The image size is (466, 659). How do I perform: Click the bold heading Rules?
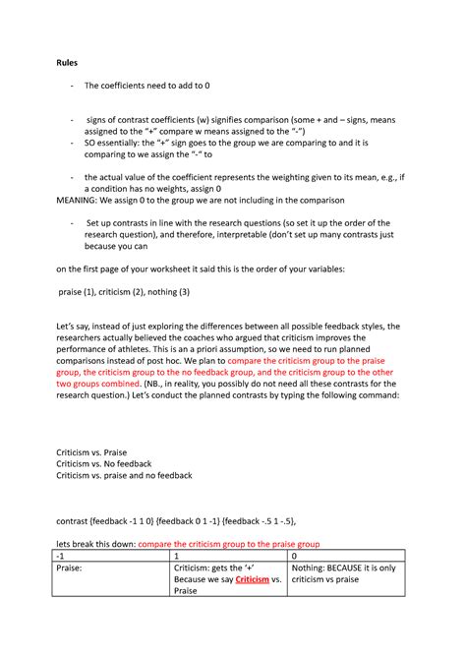coord(66,62)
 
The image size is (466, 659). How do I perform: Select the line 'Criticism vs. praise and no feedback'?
coord(124,475)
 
